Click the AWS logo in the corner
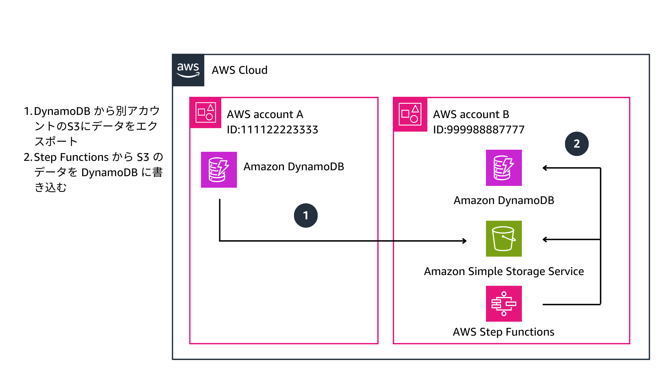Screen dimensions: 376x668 [188, 70]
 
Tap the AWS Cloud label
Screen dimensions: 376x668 [239, 70]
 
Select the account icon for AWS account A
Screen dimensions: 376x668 [205, 112]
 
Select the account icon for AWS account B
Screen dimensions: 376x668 [410, 114]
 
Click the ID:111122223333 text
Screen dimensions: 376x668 [272, 130]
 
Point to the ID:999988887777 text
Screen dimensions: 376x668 [478, 130]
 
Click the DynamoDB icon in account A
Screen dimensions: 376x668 [219, 170]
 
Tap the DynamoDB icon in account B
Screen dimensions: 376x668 [503, 167]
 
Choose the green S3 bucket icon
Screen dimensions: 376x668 [503, 238]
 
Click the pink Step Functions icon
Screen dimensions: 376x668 [503, 304]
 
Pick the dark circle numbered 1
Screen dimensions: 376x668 [305, 216]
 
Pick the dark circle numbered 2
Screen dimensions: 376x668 [576, 143]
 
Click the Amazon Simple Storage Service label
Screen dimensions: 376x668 [503, 271]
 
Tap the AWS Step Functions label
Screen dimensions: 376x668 [503, 332]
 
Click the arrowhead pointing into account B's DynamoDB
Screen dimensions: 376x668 [545, 168]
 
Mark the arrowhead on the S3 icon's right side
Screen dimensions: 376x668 [545, 240]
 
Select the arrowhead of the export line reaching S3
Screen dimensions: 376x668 [464, 241]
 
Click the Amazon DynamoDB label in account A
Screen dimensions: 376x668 [293, 166]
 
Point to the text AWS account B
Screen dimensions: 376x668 [471, 114]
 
